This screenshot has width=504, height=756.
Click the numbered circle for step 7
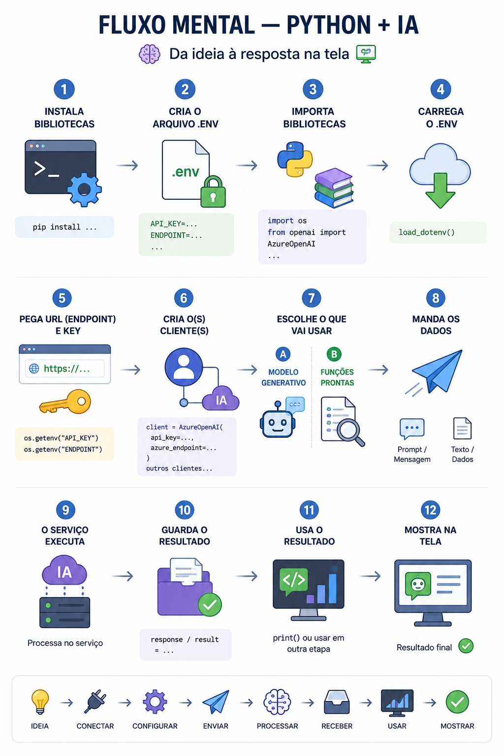pyautogui.click(x=311, y=298)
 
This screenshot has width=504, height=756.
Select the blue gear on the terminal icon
pyautogui.click(x=84, y=189)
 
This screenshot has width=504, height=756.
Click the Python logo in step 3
pyautogui.click(x=295, y=159)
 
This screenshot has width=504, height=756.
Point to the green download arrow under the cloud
pyautogui.click(x=440, y=190)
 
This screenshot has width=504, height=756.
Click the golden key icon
pyautogui.click(x=65, y=402)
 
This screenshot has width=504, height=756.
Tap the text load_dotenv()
pyautogui.click(x=427, y=232)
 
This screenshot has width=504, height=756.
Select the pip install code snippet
pyautogui.click(x=64, y=227)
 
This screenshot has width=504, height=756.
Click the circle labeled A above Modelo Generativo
pyautogui.click(x=283, y=354)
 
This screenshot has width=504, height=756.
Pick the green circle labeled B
pyautogui.click(x=334, y=354)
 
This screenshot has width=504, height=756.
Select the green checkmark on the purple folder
pyautogui.click(x=210, y=604)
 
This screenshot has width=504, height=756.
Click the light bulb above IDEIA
pyautogui.click(x=40, y=702)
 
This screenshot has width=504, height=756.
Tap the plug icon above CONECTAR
pyautogui.click(x=95, y=702)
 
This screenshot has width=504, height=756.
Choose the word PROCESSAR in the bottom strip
pyautogui.click(x=277, y=726)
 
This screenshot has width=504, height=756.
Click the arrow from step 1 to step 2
pyautogui.click(x=127, y=165)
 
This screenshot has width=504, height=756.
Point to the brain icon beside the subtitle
pyautogui.click(x=150, y=54)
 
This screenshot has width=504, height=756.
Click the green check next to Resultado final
pyautogui.click(x=466, y=646)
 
